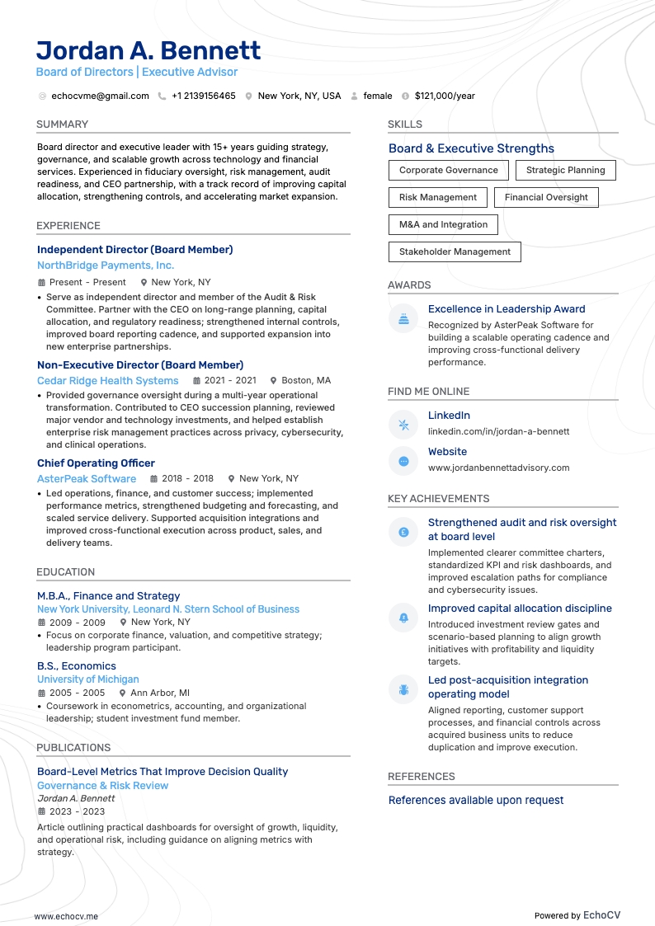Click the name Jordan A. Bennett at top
tap(148, 50)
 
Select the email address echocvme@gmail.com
tap(100, 96)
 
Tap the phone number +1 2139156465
tap(203, 96)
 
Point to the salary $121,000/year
tap(445, 96)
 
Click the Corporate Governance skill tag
tap(448, 170)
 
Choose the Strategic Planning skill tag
tap(565, 170)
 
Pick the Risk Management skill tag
tap(437, 197)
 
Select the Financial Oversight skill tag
tap(546, 197)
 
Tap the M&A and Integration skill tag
tap(443, 224)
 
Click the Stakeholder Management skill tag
tap(455, 251)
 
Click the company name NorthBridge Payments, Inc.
tap(106, 266)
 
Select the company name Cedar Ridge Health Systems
tap(107, 380)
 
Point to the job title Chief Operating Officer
tap(96, 463)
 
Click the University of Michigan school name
tap(87, 679)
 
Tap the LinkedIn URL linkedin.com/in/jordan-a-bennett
tap(498, 431)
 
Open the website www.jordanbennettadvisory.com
tap(498, 468)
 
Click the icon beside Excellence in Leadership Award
tap(403, 319)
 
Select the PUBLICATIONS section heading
tap(73, 747)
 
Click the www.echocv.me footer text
tap(66, 915)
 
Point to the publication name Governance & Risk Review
tap(102, 785)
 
